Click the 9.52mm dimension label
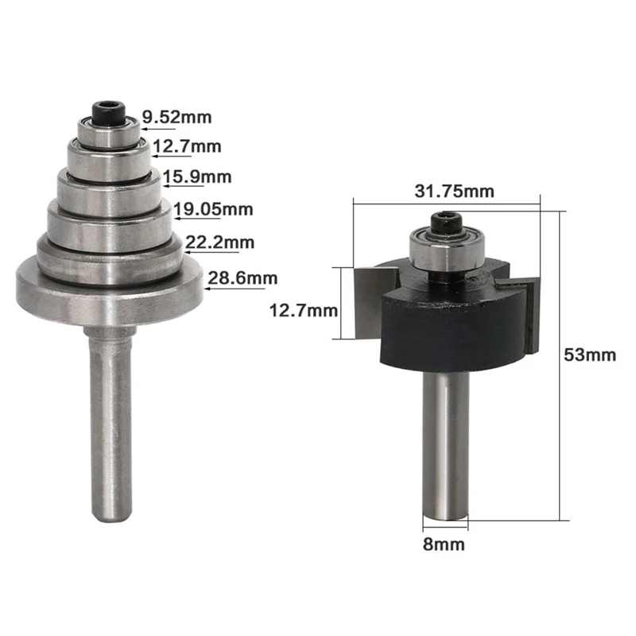pos(176,117)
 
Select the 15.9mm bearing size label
pos(197,176)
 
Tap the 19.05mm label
pos(213,209)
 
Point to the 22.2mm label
pos(220,242)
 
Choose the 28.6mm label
pos(242,278)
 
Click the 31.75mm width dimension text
pos(454,191)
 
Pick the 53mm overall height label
pos(590,355)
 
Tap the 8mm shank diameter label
pos(444,545)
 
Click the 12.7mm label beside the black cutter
pos(304,311)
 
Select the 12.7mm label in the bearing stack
pos(187,146)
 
